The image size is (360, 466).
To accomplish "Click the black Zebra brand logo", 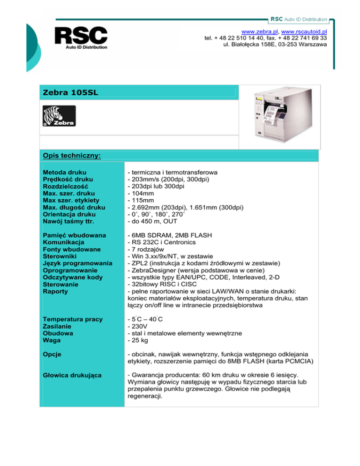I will tap(59, 116).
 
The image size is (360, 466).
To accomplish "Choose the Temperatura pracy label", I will tap(72, 319).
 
